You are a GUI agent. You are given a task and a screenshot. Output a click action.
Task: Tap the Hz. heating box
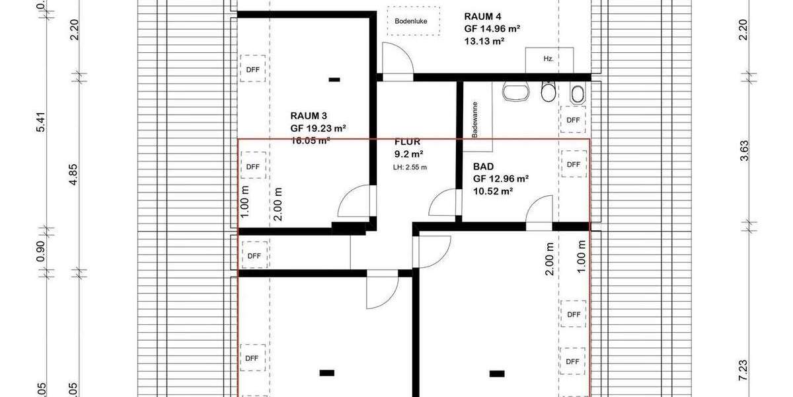coord(548,59)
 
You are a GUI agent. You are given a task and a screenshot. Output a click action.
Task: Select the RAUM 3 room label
coord(309,115)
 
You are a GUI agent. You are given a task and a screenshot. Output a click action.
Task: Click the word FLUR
coord(407,142)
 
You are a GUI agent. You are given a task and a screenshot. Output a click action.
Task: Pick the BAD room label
coord(484,167)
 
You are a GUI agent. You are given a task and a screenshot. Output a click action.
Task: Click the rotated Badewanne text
coord(474,119)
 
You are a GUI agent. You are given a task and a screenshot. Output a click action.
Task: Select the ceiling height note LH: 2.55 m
coord(410,167)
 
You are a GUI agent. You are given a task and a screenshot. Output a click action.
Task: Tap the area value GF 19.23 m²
coord(319,128)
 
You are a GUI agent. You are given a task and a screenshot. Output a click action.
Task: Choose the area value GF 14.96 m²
coord(493,28)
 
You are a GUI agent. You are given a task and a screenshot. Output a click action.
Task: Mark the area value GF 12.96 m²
coord(500,179)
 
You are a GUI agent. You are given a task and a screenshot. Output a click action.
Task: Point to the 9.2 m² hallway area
coord(408,154)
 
